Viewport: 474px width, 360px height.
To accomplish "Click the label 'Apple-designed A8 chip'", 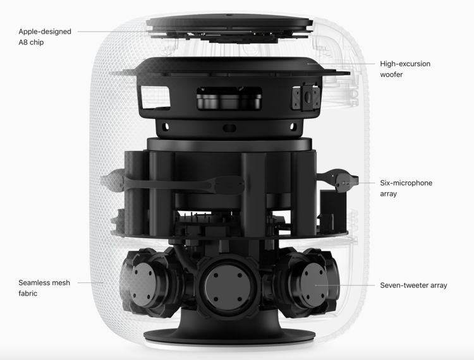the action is (45, 37).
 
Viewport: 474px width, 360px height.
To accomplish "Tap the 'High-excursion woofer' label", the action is (405, 69).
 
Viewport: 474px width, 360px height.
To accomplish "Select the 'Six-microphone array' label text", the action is (406, 188).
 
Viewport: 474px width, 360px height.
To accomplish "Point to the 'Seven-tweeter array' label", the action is (413, 285).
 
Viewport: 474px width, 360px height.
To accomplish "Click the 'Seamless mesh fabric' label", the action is (44, 288).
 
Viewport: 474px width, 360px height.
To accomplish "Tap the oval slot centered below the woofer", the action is (229, 128).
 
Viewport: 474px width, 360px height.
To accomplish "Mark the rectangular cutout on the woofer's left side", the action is (155, 97).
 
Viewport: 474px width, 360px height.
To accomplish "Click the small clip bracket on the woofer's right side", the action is (306, 97).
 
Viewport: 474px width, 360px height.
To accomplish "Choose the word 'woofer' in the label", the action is (391, 75).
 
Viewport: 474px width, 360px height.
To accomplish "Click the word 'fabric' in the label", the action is (28, 293).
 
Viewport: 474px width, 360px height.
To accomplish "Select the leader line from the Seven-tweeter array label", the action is (344, 285).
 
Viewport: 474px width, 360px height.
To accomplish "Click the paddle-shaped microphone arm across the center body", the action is (185, 184).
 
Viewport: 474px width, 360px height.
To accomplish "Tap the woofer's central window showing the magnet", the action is (229, 98).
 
